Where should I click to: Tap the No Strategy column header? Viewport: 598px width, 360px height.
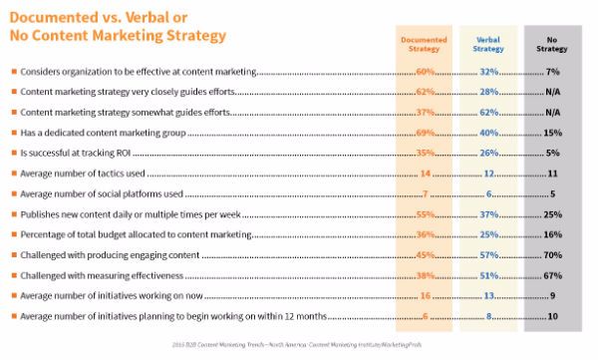pyautogui.click(x=553, y=46)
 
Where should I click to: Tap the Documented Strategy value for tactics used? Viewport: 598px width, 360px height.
pyautogui.click(x=424, y=174)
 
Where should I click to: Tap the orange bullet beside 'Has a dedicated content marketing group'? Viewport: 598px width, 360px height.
pyautogui.click(x=12, y=133)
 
